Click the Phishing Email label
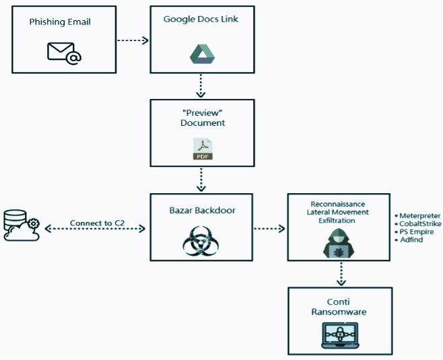click(60, 22)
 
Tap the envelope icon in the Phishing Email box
click(64, 52)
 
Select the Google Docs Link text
click(201, 19)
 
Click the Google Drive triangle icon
click(201, 54)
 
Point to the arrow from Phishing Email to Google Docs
click(133, 40)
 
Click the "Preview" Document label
click(202, 118)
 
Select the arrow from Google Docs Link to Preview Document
click(201, 85)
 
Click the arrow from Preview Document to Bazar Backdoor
click(201, 179)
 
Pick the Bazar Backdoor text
click(201, 211)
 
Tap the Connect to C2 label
click(96, 223)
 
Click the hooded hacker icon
click(338, 243)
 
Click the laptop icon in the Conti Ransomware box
click(339, 334)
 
